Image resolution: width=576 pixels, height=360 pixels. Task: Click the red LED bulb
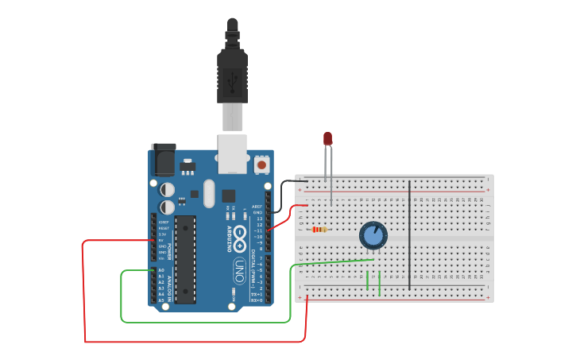(x=327, y=138)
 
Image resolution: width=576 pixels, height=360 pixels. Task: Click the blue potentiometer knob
(x=373, y=235)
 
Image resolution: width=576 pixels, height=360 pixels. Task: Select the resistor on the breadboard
(x=319, y=230)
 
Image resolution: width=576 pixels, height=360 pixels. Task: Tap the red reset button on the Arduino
(x=261, y=165)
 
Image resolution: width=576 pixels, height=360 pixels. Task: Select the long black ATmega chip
(x=185, y=259)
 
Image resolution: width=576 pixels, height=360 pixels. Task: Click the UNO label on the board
(x=239, y=265)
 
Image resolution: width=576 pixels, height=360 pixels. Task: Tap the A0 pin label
(x=161, y=270)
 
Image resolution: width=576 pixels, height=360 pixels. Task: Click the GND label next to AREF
(x=257, y=212)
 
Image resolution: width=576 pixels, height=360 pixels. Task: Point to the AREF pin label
(x=257, y=206)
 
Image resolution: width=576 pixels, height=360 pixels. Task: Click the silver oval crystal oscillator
(x=209, y=193)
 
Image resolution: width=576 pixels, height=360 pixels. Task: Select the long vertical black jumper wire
(x=410, y=234)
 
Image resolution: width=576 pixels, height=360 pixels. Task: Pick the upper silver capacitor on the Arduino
(x=168, y=190)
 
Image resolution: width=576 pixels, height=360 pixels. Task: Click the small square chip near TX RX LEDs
(x=229, y=195)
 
